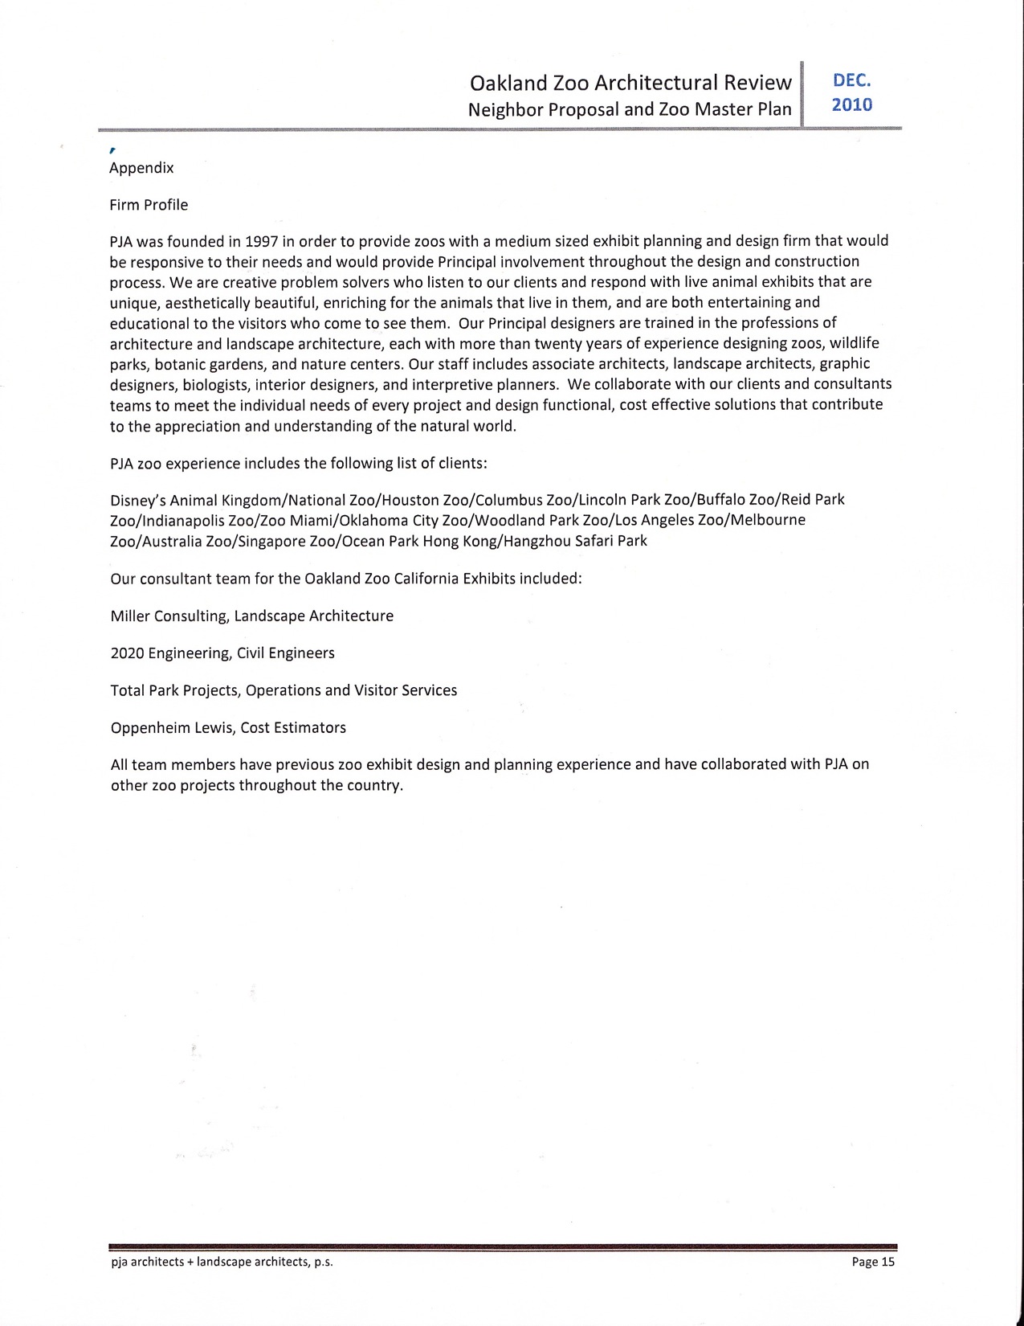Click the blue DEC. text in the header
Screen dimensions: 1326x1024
pos(851,81)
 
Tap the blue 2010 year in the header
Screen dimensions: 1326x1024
pos(851,105)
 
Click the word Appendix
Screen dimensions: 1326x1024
pos(141,168)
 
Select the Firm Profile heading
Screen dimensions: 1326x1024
pos(149,205)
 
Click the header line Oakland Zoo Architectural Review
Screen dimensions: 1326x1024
pos(630,83)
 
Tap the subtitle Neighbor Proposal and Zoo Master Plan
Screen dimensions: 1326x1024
pos(630,109)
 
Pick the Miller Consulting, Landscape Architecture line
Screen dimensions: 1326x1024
pos(251,616)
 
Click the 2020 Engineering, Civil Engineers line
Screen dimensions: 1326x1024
pos(222,653)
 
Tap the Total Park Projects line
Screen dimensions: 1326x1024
pos(284,690)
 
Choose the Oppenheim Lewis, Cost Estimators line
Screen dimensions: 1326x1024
pos(228,728)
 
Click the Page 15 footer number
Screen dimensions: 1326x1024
pos(873,1262)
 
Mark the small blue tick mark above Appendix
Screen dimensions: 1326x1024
pos(112,150)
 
